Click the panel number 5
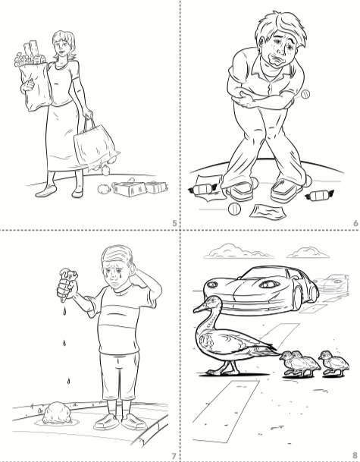click(175, 223)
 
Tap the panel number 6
click(355, 223)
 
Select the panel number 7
click(174, 456)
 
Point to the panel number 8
click(355, 456)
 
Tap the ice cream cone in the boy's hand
click(67, 284)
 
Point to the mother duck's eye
click(211, 302)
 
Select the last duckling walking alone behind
click(335, 363)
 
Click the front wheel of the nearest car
click(297, 296)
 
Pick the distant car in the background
click(332, 283)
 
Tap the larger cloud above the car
click(238, 251)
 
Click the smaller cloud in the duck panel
click(308, 253)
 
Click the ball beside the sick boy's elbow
click(305, 94)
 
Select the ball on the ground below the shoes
click(234, 209)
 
